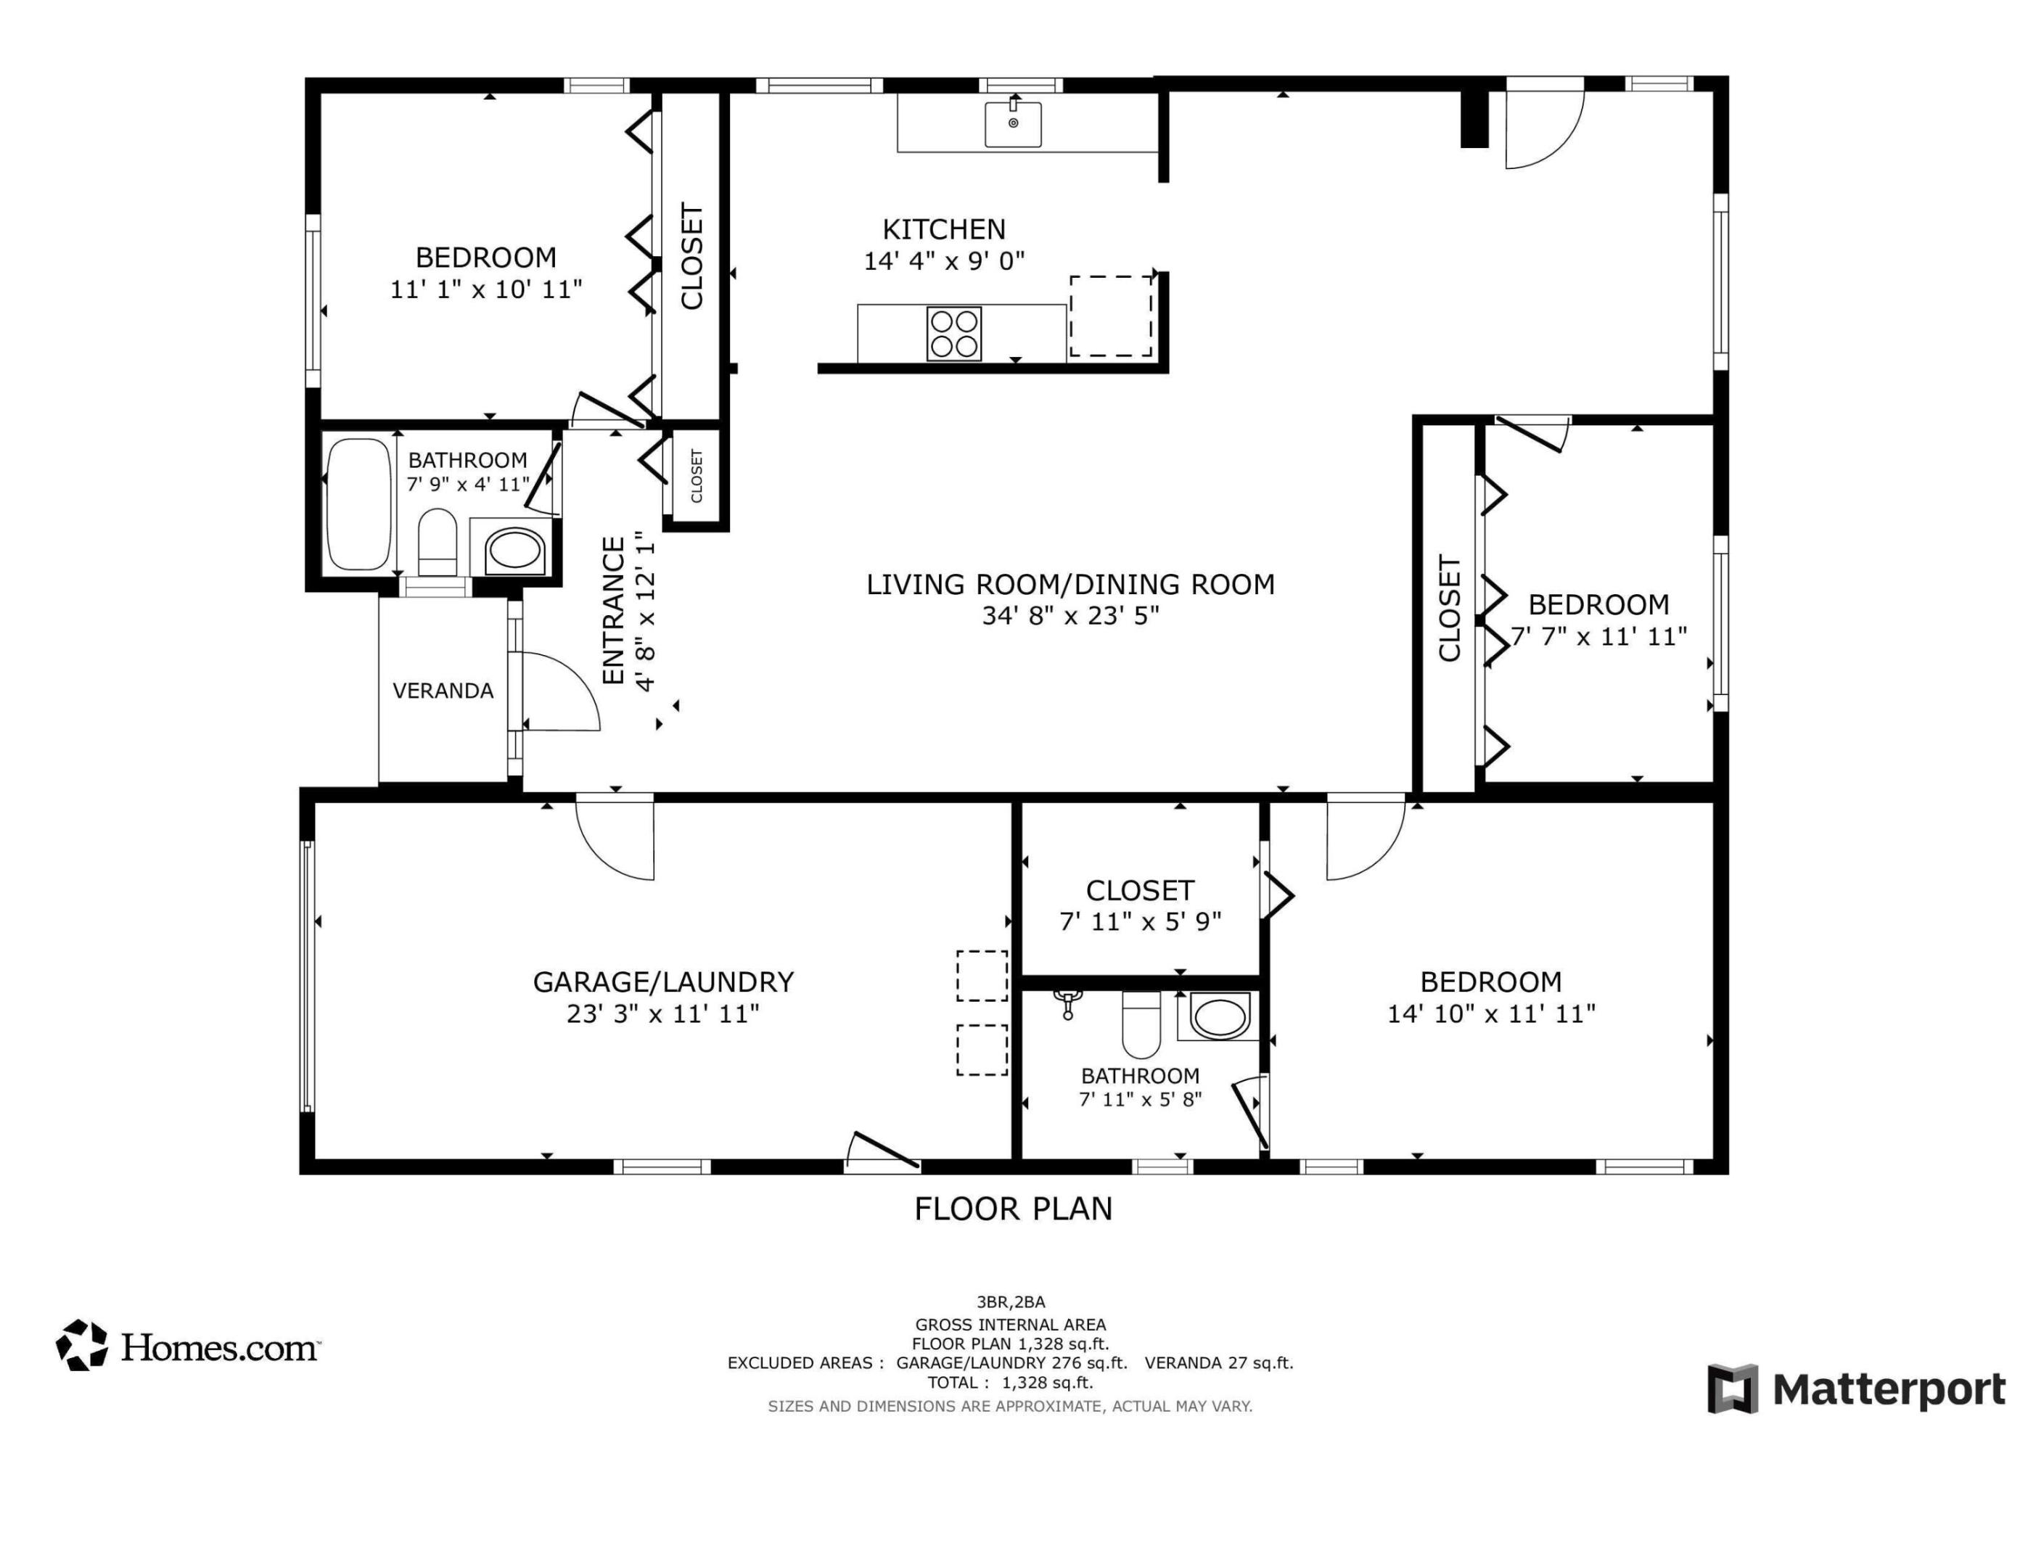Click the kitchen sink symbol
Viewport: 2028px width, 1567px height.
1012,123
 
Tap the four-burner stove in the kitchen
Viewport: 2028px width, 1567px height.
953,333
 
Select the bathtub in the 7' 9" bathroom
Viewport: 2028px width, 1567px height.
359,504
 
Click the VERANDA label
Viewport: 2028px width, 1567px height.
443,691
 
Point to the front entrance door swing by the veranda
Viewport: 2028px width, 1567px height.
557,691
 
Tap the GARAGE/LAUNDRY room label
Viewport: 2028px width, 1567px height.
663,982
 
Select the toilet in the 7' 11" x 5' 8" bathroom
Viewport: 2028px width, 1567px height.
1141,1024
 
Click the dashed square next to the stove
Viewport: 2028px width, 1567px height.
1111,316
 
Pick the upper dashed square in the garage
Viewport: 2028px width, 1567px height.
982,976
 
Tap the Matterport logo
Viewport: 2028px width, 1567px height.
1856,1390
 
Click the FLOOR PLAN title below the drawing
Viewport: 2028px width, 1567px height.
1013,1209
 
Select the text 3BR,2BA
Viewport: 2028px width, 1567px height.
1010,1302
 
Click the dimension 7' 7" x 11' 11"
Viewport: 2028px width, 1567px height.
1598,637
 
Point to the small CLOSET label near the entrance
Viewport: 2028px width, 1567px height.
697,476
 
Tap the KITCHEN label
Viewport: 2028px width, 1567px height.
943,229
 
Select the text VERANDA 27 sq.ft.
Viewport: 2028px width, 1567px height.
1218,1362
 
